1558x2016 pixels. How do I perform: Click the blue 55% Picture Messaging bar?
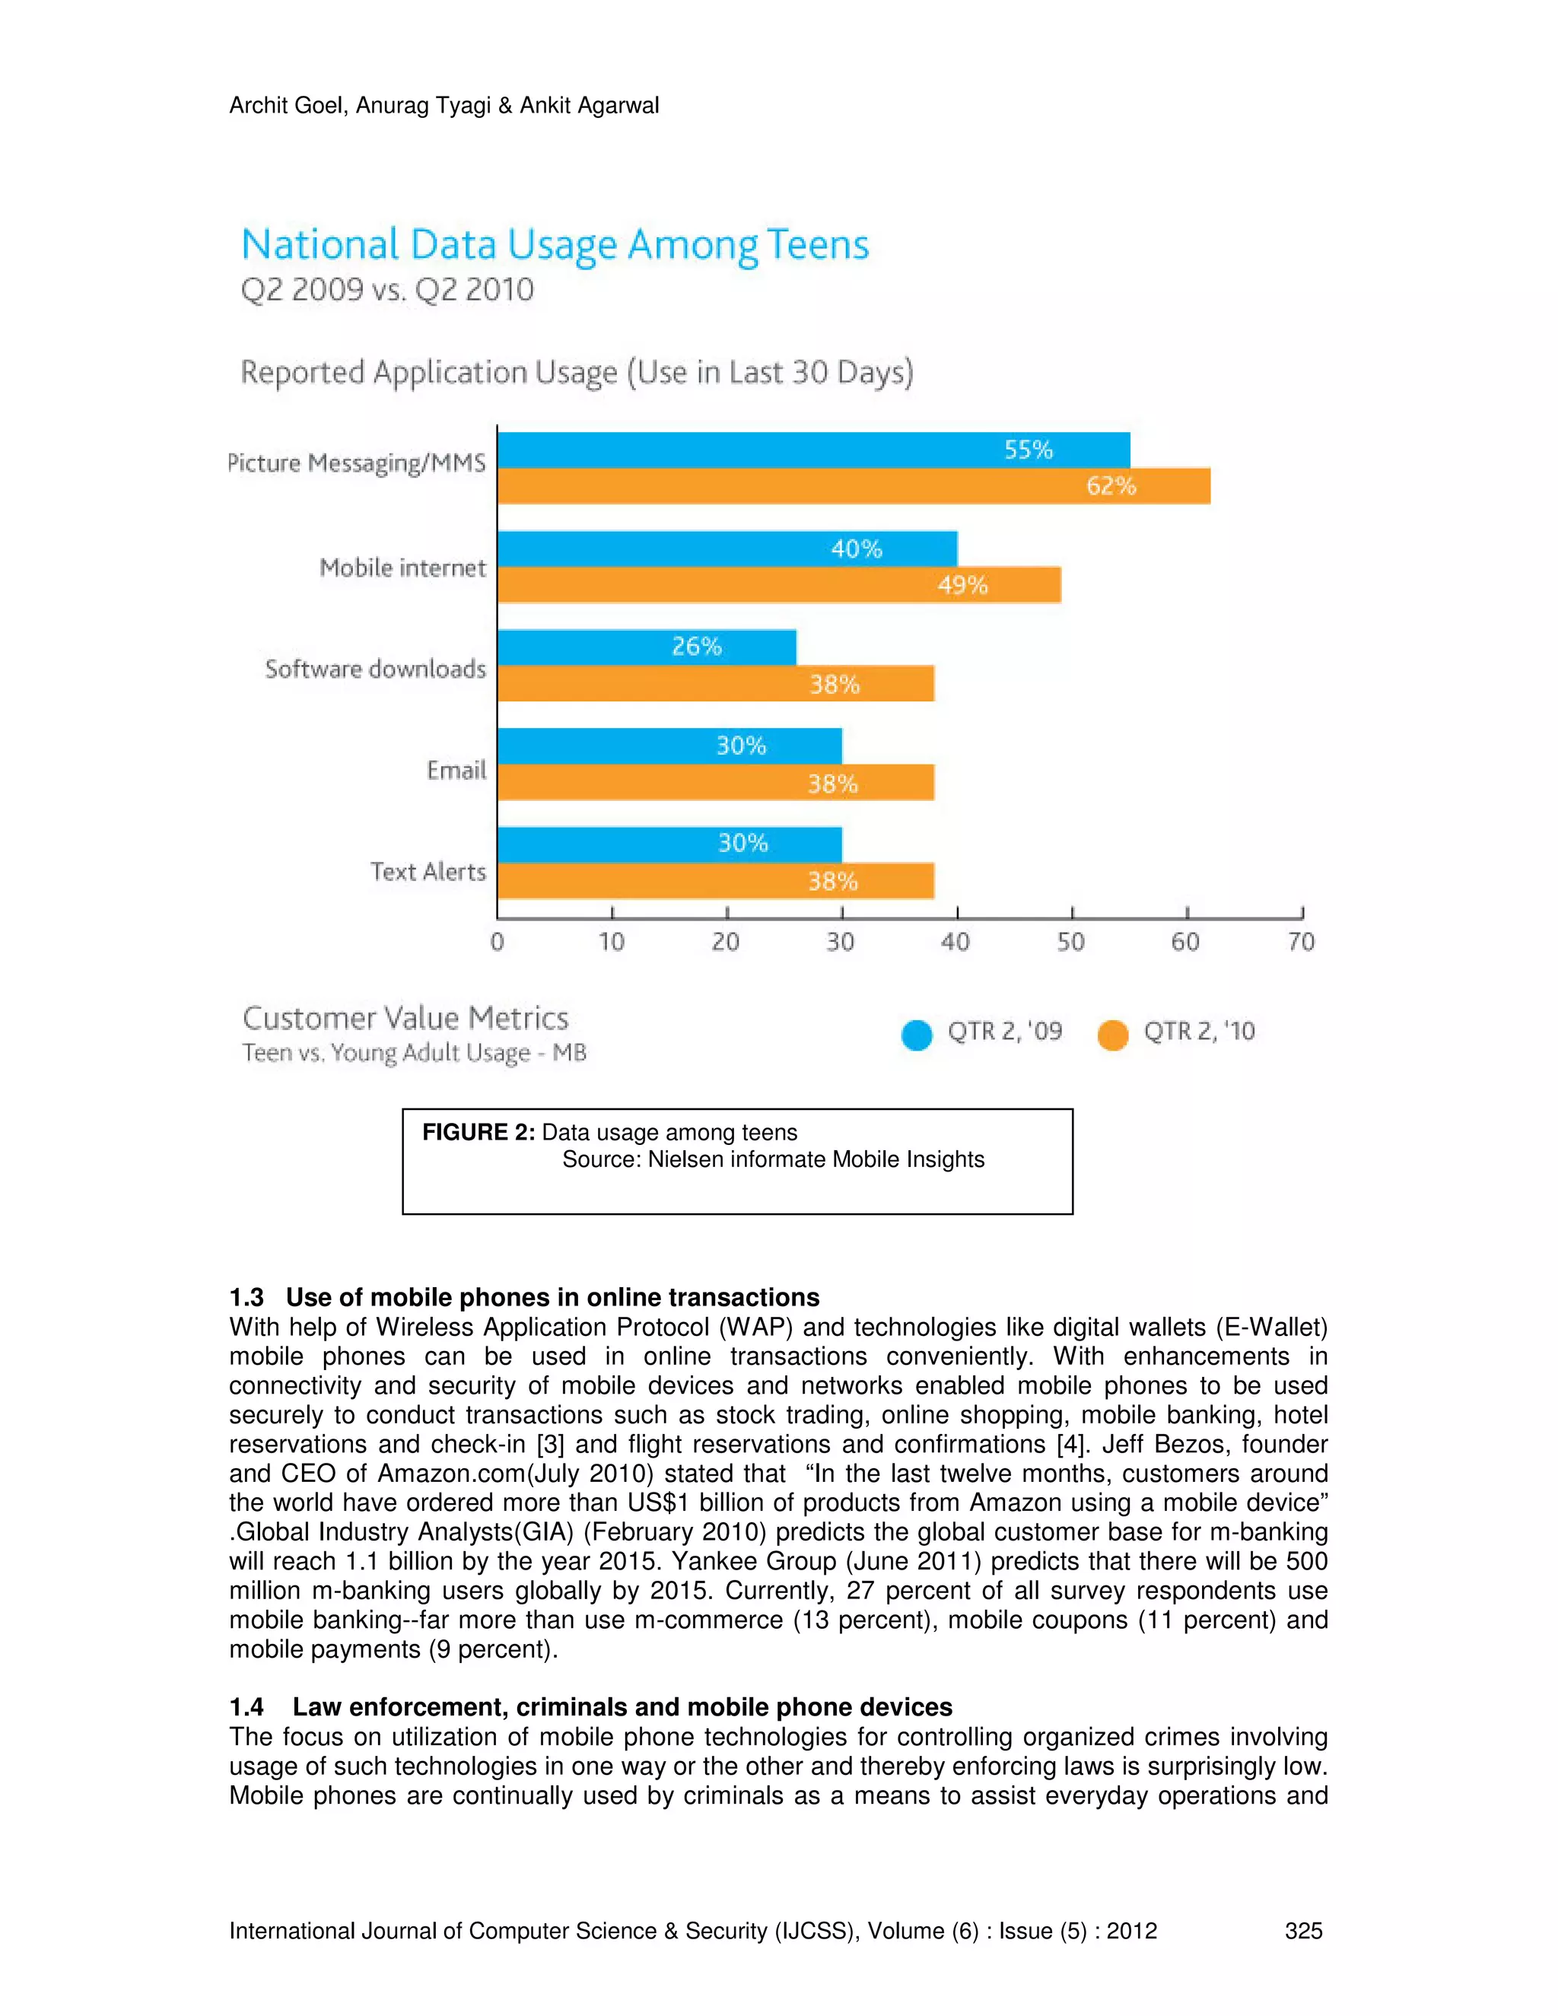(x=812, y=450)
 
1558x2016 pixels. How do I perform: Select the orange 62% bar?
(x=854, y=485)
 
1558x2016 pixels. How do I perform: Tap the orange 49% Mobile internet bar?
(x=779, y=584)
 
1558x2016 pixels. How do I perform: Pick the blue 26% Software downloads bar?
(x=646, y=647)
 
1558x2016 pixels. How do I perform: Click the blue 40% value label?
(x=857, y=549)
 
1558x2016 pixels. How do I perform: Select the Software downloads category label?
(x=375, y=669)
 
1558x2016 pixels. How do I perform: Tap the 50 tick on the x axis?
(x=1070, y=942)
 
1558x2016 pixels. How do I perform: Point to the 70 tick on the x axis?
(x=1300, y=942)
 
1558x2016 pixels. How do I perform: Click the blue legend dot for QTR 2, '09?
(x=917, y=1035)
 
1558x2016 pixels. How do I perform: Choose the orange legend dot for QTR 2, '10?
(x=1113, y=1035)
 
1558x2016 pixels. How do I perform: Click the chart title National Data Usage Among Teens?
(x=555, y=246)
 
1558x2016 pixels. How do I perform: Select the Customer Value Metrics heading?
(x=405, y=1018)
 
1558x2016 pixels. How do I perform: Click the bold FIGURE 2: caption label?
(x=478, y=1133)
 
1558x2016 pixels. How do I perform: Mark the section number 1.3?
(x=246, y=1297)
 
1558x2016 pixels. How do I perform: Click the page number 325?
(x=1303, y=1931)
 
